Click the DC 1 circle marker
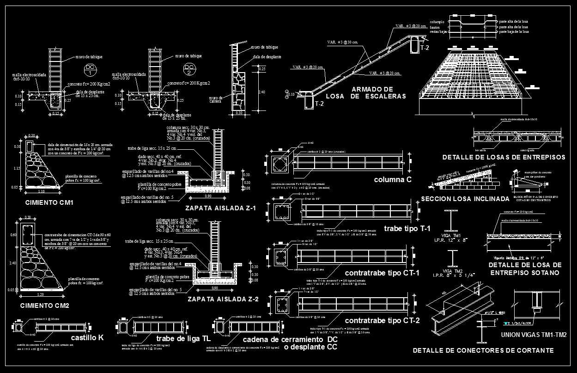click(x=91, y=70)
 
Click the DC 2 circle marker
click(x=189, y=70)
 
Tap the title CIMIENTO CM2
click(x=45, y=306)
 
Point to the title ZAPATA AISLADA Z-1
click(x=220, y=208)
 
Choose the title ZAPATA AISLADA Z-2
click(x=223, y=300)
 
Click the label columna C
click(x=393, y=179)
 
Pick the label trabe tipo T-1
click(x=407, y=228)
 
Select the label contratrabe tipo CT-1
click(x=382, y=273)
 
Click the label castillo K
click(x=87, y=338)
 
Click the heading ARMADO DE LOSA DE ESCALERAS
click(x=366, y=92)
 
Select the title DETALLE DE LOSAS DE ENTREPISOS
click(x=504, y=158)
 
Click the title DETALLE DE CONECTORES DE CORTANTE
click(x=483, y=351)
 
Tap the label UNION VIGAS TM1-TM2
click(x=533, y=335)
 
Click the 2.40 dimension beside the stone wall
click(x=262, y=92)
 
